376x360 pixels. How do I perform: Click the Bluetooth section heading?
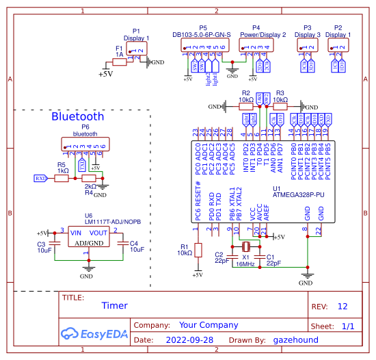(78, 116)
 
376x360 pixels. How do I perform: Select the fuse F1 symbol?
(120, 62)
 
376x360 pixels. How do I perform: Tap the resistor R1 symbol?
(198, 250)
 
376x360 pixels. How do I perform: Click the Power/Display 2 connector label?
(264, 35)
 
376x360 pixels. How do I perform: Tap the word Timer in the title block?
(114, 306)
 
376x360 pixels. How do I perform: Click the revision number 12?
(343, 306)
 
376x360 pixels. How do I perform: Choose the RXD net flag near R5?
(41, 178)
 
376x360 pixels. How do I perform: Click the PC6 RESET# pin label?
(198, 204)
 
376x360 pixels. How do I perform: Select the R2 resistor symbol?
(246, 107)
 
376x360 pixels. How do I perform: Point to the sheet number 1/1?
(347, 326)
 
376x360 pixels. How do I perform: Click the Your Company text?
(209, 325)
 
